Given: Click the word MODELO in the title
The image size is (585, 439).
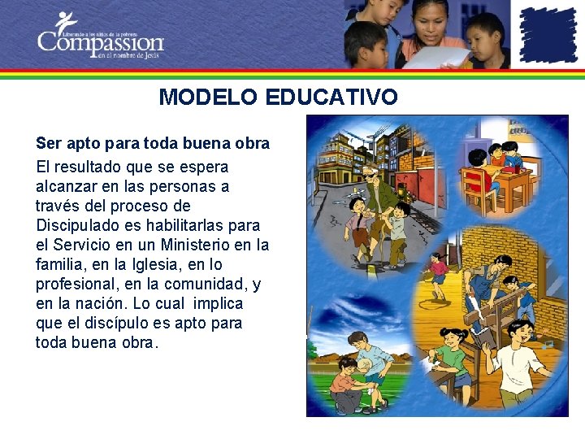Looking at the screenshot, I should tap(207, 98).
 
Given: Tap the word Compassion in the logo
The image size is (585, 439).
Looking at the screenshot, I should tap(100, 41).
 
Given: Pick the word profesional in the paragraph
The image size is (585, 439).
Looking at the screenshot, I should tap(76, 284).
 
